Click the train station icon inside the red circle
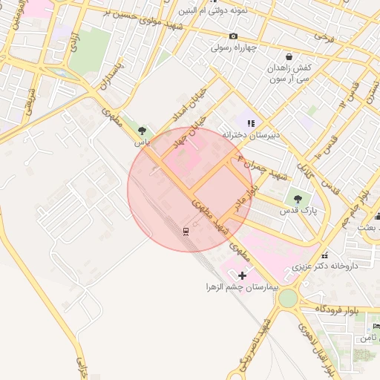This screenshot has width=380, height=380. tap(186, 231)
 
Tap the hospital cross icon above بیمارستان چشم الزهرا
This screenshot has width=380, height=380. tap(242, 275)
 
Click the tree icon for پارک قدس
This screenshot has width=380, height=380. tap(298, 199)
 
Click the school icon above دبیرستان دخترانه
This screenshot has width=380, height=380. tap(251, 123)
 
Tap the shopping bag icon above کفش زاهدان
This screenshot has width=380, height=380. tap(289, 56)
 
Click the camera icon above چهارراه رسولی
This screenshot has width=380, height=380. tap(233, 36)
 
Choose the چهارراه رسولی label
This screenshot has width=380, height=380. tap(233, 47)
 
